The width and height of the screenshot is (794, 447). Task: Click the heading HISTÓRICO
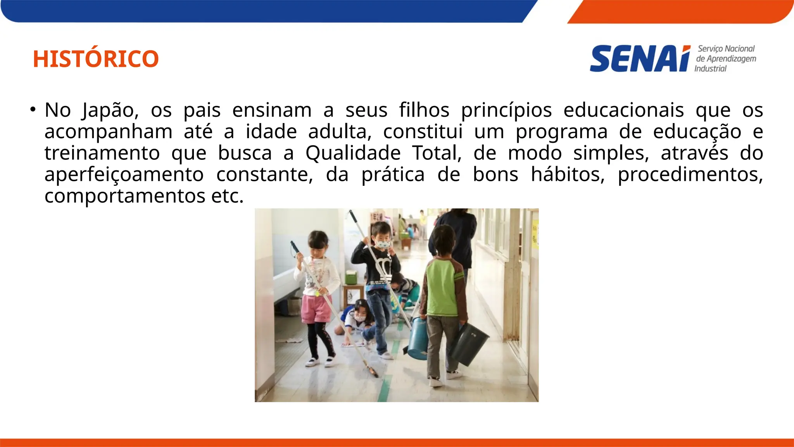pos(96,59)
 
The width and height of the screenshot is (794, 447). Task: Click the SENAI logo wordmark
pos(640,59)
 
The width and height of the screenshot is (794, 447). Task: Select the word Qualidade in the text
pos(353,153)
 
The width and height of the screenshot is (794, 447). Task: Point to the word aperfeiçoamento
pos(124,175)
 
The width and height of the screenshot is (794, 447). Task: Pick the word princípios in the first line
pos(506,110)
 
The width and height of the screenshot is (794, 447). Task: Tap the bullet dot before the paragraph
pos(33,109)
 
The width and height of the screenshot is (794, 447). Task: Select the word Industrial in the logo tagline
pos(710,69)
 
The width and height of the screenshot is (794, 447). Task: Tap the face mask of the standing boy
pos(383,244)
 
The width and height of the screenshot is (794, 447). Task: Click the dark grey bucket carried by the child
pos(469,343)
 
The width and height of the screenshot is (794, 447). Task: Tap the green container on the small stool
pos(351,277)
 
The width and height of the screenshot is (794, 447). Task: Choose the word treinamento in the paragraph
pos(102,153)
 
